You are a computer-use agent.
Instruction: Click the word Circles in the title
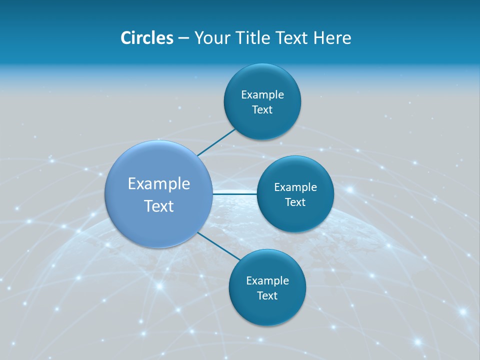pos(146,38)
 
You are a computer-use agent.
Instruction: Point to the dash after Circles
pos(183,38)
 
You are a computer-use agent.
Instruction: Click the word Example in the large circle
pos(159,184)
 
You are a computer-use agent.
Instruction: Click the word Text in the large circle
pos(159,206)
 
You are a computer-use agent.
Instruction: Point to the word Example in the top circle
pos(262,95)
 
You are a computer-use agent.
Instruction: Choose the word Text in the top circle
pos(262,110)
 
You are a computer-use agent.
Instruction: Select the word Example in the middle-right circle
pos(295,187)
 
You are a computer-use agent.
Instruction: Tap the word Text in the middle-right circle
pos(295,202)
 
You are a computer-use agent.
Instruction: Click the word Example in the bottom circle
pos(267,281)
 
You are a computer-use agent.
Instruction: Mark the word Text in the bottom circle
pos(267,296)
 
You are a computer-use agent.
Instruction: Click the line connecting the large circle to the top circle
pos(216,142)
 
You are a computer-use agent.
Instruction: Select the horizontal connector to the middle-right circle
pos(235,193)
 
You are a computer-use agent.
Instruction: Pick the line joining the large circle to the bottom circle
pos(219,246)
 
